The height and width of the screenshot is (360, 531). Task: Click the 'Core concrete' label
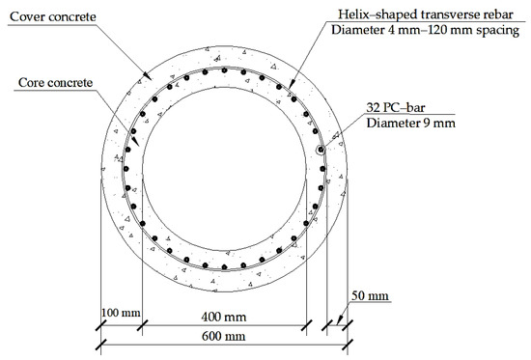click(x=60, y=83)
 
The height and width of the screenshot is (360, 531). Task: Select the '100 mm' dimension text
click(x=121, y=314)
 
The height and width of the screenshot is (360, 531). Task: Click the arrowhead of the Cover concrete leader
click(x=145, y=77)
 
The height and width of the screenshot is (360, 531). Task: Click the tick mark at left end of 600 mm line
click(x=101, y=347)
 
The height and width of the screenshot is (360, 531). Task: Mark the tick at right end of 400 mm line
click(x=307, y=326)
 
